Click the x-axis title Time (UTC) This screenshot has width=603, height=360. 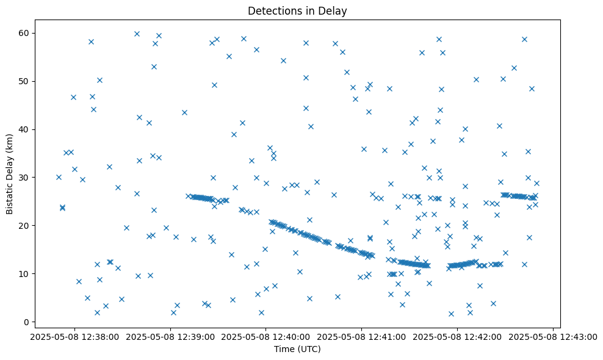coord(297,349)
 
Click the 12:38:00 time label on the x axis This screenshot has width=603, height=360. coord(74,336)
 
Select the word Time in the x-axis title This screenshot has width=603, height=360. coord(284,349)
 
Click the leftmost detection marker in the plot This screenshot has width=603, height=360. coord(59,177)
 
